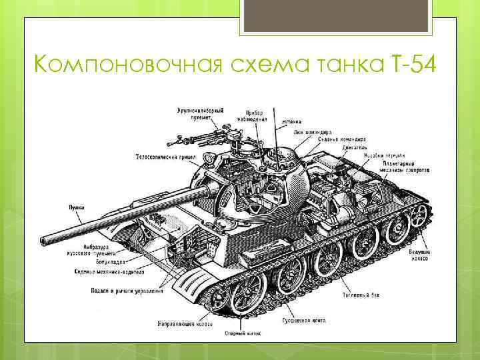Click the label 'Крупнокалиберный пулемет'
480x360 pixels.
pos(199,113)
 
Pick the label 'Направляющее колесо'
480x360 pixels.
pos(185,324)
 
